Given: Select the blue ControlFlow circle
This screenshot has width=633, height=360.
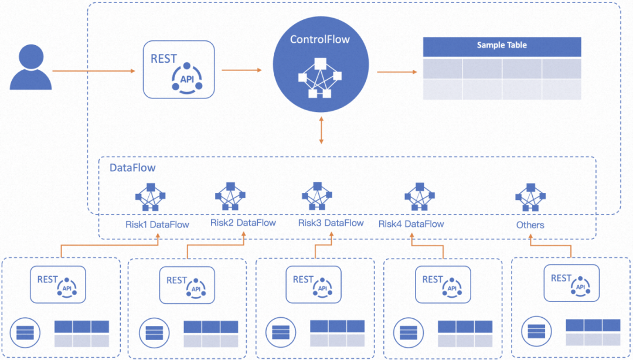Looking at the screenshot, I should [x=321, y=64].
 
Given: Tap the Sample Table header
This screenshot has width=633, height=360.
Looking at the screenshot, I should [x=502, y=46].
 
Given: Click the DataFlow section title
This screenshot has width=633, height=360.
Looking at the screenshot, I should [x=132, y=168].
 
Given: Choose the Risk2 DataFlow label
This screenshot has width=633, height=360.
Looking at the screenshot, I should [x=243, y=223].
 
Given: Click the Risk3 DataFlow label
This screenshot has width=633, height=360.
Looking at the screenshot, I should [x=331, y=223].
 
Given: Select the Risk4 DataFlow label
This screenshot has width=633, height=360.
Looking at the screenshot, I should [x=411, y=224].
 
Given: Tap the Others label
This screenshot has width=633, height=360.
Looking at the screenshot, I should [x=530, y=225].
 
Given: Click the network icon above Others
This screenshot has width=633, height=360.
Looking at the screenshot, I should [x=530, y=197].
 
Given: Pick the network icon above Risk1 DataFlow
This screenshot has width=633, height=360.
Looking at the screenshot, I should [x=150, y=197].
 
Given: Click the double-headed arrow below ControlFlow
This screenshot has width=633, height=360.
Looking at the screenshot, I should [x=321, y=130].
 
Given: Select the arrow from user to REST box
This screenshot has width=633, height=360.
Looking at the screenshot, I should [x=94, y=72].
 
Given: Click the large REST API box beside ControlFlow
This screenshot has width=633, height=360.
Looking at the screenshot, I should [x=179, y=69].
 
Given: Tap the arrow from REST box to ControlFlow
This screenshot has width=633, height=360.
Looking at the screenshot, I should [x=241, y=70].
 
